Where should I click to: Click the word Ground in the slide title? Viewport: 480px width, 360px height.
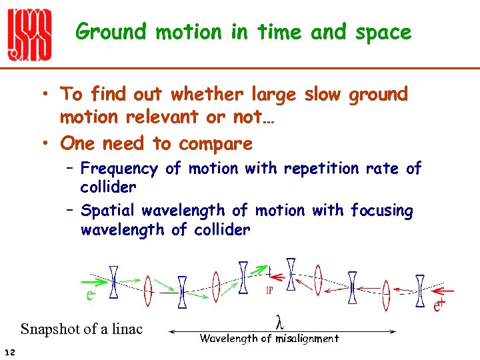click(x=111, y=31)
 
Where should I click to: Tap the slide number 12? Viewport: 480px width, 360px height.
click(x=8, y=351)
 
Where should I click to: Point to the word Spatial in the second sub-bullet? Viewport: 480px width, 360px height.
click(x=110, y=211)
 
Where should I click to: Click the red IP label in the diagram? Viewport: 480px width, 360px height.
click(x=271, y=290)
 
